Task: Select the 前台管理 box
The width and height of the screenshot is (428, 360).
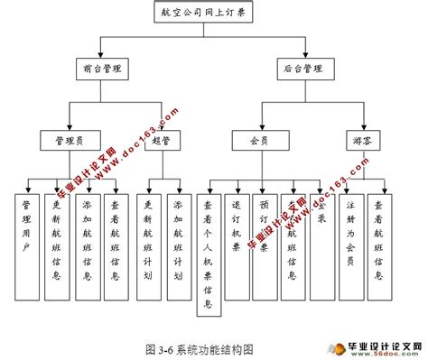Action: pyautogui.click(x=101, y=68)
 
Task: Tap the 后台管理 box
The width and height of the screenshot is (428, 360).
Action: pyautogui.click(x=302, y=68)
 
